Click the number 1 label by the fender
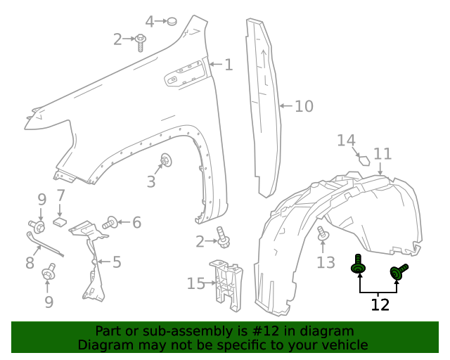click(x=229, y=65)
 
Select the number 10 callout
click(x=304, y=107)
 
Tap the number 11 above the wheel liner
click(x=382, y=154)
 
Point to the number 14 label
click(x=345, y=141)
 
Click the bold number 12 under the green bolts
click(x=380, y=304)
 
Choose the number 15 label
click(x=195, y=283)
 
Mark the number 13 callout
click(x=326, y=262)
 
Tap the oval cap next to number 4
click(x=169, y=22)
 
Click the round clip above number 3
click(x=167, y=160)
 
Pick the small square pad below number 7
click(x=60, y=221)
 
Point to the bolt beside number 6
click(x=110, y=224)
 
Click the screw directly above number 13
click(x=323, y=234)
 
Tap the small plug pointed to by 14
click(x=364, y=158)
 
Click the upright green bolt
click(x=359, y=266)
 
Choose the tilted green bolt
click(x=399, y=271)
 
